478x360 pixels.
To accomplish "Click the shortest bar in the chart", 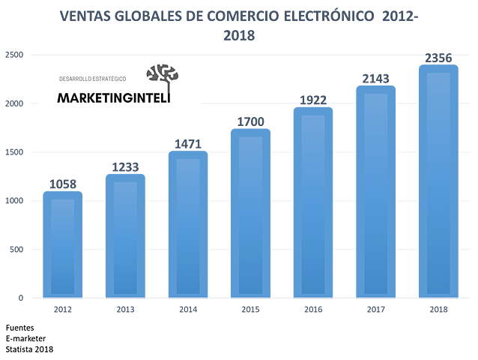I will [63, 244].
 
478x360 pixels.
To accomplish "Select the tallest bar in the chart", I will [438, 180].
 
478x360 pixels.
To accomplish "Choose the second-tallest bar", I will [375, 190].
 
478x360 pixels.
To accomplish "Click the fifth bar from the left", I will [313, 202].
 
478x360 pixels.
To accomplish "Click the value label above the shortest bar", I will [63, 182].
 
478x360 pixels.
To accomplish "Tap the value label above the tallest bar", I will [438, 55].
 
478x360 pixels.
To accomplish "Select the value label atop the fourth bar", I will [250, 120].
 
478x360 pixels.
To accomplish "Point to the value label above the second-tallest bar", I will [375, 76].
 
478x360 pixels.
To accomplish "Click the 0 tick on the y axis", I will [20, 298].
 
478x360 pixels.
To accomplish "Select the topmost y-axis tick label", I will [15, 54].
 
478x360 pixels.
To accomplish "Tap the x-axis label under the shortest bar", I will [63, 309].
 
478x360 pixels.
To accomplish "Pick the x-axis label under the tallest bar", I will [438, 309].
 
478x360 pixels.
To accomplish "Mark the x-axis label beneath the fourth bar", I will [250, 309].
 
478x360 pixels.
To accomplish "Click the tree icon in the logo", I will [163, 75].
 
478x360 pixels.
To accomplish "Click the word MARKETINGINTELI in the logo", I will [114, 97].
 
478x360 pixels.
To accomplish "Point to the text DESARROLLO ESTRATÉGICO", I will [93, 79].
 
